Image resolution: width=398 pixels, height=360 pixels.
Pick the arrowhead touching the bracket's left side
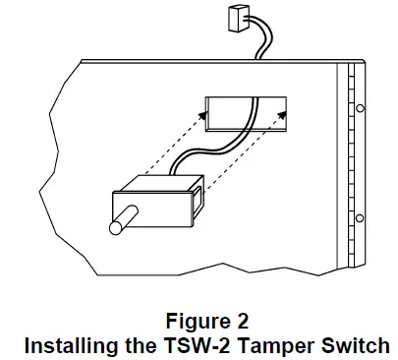202,114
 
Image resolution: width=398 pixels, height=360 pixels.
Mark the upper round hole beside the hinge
360,107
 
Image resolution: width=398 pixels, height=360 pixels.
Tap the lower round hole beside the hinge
360,217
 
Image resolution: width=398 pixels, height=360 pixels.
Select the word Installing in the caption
68,345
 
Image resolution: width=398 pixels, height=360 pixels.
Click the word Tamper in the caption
265,345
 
